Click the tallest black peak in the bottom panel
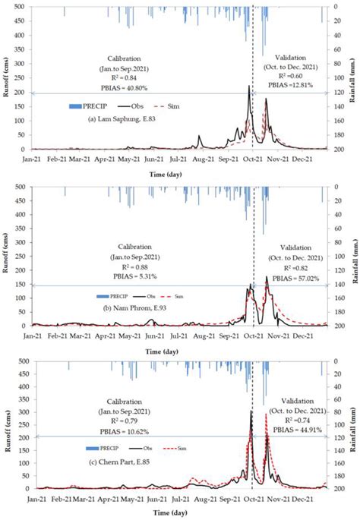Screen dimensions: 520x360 (251, 411)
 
